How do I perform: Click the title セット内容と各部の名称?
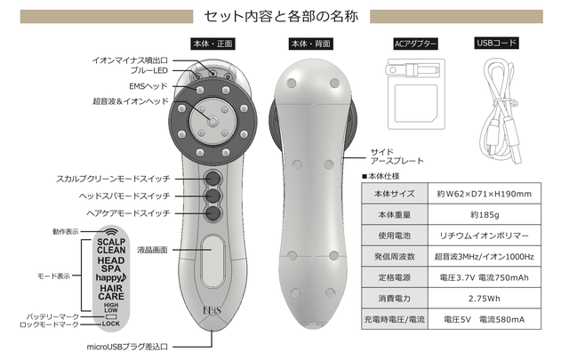tap(284, 16)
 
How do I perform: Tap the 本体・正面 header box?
tap(212, 44)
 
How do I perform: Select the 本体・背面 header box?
tap(310, 44)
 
